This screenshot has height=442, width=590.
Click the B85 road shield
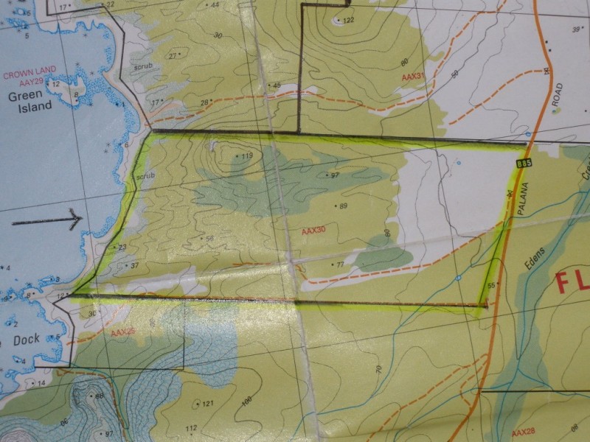pos(524,163)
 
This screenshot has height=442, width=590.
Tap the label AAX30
pos(313,231)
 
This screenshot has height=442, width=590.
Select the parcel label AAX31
pos(413,76)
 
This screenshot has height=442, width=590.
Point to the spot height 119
pos(246,155)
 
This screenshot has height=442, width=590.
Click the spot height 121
pos(207,403)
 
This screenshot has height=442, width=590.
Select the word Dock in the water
pos(26,340)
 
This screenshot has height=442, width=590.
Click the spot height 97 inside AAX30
pos(334,175)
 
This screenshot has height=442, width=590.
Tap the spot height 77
pos(339,264)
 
